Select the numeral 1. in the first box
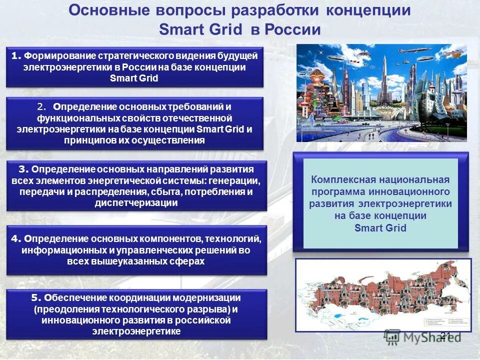(x=17, y=55)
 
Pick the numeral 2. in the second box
(x=41, y=107)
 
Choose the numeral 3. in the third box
(x=24, y=169)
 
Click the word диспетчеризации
(x=136, y=203)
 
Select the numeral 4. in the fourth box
(x=16, y=238)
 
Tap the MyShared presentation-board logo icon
(x=392, y=337)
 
